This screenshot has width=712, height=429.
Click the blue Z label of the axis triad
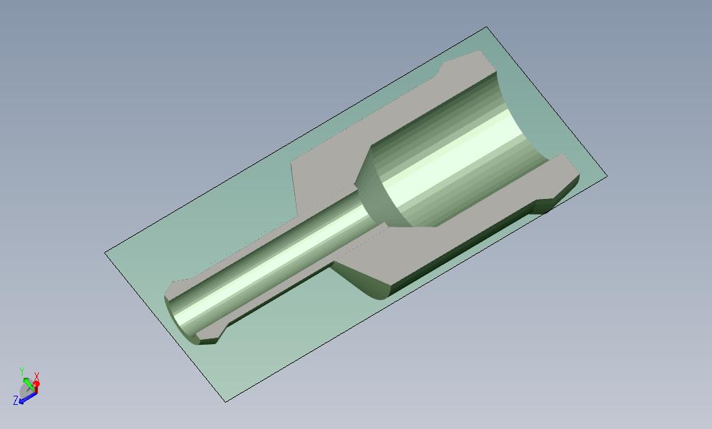(16, 401)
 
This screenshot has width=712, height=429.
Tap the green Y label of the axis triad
(22, 371)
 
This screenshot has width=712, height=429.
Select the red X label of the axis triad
(37, 377)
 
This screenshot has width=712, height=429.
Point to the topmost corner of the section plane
(487, 28)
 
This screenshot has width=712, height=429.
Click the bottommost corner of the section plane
(225, 401)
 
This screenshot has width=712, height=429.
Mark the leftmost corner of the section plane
(105, 252)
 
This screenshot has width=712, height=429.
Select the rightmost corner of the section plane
(607, 175)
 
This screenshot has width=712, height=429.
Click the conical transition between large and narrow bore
(375, 191)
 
